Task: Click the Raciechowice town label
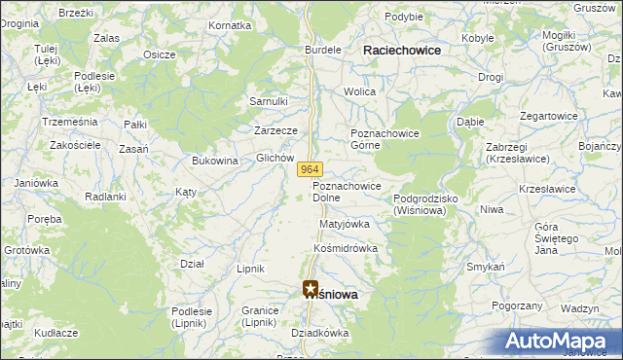coord(401,50)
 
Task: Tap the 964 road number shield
coord(309,169)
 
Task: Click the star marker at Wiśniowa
coord(311,289)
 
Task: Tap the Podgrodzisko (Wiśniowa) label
coord(432,204)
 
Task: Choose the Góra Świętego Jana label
coord(558,238)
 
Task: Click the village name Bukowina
coord(215,161)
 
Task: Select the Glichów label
coord(275,158)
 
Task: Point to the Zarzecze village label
coord(275,129)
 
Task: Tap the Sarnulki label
coord(269,101)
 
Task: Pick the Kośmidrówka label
coord(345,248)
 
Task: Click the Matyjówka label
coord(345,224)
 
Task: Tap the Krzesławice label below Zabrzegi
coord(545,189)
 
